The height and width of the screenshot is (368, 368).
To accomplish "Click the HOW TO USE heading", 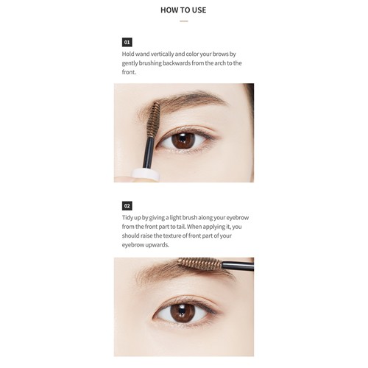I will (183, 10).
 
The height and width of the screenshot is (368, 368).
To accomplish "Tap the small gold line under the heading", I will (184, 21).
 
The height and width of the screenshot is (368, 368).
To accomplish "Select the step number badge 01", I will (127, 42).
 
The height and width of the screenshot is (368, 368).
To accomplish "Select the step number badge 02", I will (127, 205).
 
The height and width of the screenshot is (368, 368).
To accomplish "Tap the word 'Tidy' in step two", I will (130, 218).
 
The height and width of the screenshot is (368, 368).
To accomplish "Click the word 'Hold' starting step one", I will (130, 54).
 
